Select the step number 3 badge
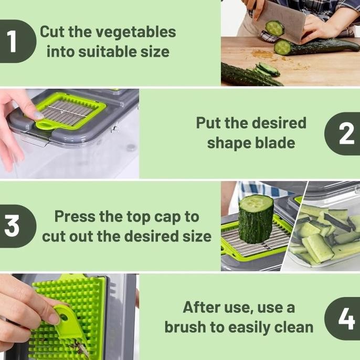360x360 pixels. [x=17, y=226]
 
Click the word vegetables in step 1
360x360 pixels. [x=136, y=32]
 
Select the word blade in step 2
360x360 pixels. [x=275, y=143]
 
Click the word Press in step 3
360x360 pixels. [x=75, y=216]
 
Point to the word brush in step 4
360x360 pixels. [x=185, y=327]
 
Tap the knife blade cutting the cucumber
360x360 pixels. [x=281, y=22]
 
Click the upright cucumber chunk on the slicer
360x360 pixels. [x=256, y=219]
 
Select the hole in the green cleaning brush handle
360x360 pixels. [x=63, y=317]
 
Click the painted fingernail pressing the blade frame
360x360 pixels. [x=39, y=115]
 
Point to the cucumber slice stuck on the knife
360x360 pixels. [x=274, y=28]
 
